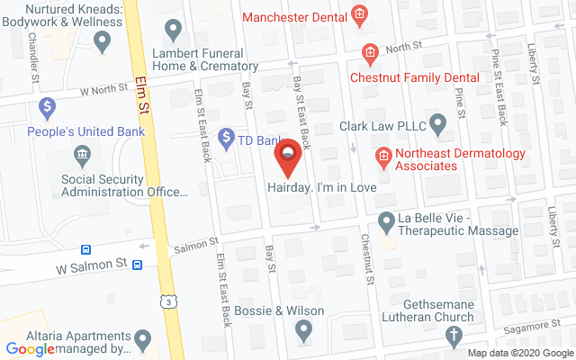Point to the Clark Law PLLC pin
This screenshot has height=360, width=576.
[x=438, y=121]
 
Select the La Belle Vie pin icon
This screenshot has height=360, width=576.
[x=386, y=220]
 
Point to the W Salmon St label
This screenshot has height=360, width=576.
[x=92, y=267]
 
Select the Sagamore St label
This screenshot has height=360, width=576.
[x=527, y=324]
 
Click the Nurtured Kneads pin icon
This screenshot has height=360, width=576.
[x=102, y=40]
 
